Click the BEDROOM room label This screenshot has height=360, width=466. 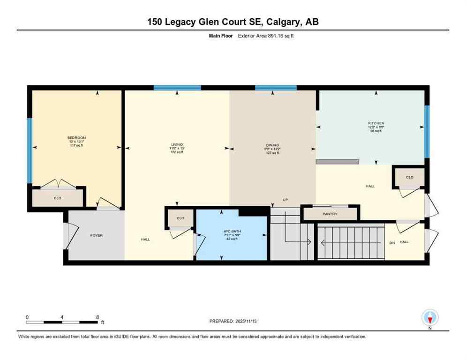pyautogui.click(x=76, y=138)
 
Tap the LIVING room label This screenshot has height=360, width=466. pyautogui.click(x=177, y=144)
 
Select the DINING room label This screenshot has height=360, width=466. pyautogui.click(x=272, y=145)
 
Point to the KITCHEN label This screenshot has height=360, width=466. pyautogui.click(x=376, y=123)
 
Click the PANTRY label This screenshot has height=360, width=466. pyautogui.click(x=330, y=214)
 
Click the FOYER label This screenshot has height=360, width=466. pyautogui.click(x=96, y=235)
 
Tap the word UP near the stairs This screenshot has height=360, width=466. pyautogui.click(x=285, y=200)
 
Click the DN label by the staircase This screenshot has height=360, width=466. pyautogui.click(x=392, y=242)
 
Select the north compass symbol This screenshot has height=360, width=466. pyautogui.click(x=430, y=318)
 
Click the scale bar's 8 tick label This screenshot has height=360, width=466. pyautogui.click(x=97, y=317)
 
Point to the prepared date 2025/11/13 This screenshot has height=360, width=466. pyautogui.click(x=254, y=321)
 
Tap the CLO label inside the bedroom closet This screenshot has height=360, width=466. pyautogui.click(x=57, y=198)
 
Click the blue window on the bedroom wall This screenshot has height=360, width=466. pyautogui.click(x=29, y=150)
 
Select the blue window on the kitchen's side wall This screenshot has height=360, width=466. pyautogui.click(x=427, y=132)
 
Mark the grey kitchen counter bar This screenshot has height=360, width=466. pyautogui.click(x=338, y=162)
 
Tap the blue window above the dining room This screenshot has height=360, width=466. pyautogui.click(x=276, y=88)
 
